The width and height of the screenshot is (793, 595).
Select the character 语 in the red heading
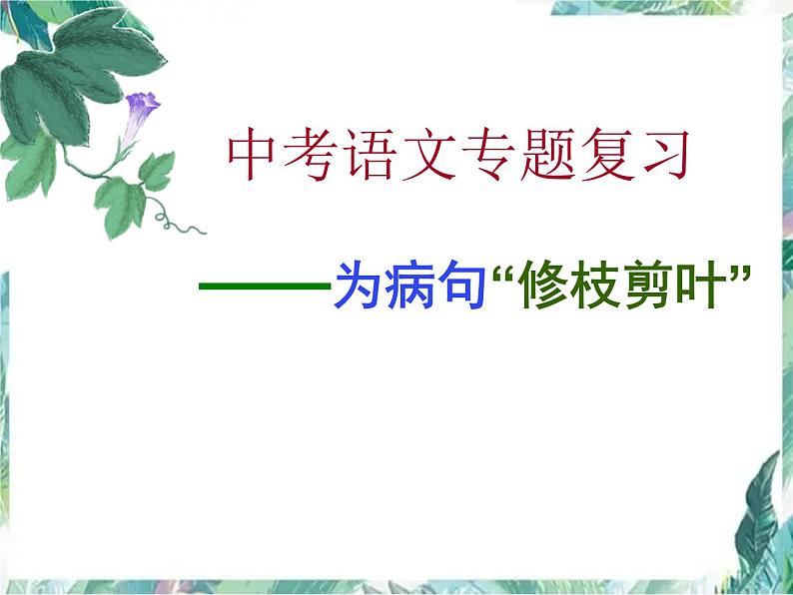[x=375, y=156]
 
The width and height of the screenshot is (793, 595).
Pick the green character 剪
[x=657, y=287]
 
